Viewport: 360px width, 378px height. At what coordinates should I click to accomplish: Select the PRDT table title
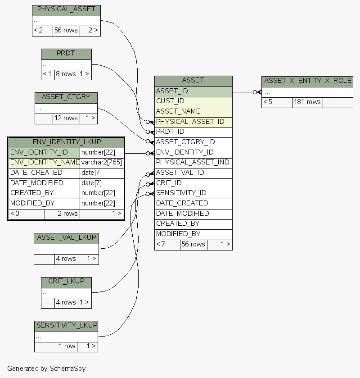pyautogui.click(x=66, y=54)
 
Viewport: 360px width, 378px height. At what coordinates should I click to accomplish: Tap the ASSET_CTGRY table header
pyautogui.click(x=66, y=97)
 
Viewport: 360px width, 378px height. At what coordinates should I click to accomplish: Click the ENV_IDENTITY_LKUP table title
pyautogui.click(x=66, y=142)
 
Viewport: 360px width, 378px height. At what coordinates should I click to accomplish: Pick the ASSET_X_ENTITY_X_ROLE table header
pyautogui.click(x=307, y=81)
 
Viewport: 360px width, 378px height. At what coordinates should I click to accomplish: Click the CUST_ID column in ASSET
pyautogui.click(x=193, y=101)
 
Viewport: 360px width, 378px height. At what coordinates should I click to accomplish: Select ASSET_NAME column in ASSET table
pyautogui.click(x=193, y=112)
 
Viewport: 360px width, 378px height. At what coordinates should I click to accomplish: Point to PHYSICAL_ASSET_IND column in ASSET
pyautogui.click(x=193, y=163)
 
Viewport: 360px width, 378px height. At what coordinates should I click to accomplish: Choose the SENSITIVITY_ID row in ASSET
pyautogui.click(x=193, y=193)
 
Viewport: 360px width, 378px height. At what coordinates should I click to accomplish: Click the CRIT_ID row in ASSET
pyautogui.click(x=193, y=183)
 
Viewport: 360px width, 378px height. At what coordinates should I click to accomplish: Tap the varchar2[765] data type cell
pyautogui.click(x=102, y=163)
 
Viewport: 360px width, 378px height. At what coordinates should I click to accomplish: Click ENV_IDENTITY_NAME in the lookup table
pyautogui.click(x=45, y=163)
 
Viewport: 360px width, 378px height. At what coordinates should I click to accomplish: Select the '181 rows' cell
pyautogui.click(x=307, y=102)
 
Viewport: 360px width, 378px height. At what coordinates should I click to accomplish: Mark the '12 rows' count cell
pyautogui.click(x=66, y=118)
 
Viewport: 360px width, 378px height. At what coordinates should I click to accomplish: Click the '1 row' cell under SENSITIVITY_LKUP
pyautogui.click(x=67, y=346)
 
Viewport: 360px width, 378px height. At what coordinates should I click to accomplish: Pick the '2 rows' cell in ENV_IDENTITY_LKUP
pyautogui.click(x=62, y=214)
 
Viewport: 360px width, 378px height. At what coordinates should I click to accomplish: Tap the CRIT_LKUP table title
pyautogui.click(x=66, y=282)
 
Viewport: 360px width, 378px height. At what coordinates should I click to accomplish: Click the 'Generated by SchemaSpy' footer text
pyautogui.click(x=46, y=369)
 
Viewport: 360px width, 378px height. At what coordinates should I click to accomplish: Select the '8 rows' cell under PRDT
pyautogui.click(x=66, y=74)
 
